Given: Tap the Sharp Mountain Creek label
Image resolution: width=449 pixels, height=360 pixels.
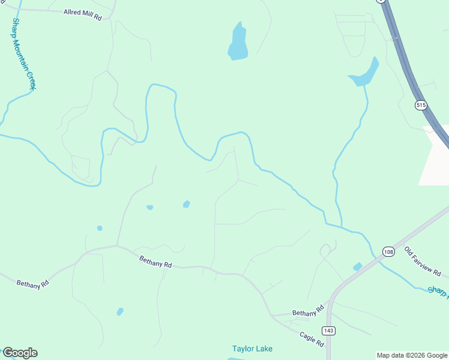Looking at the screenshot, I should (x=23, y=54).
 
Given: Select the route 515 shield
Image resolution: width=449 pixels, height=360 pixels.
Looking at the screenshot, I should (x=421, y=104).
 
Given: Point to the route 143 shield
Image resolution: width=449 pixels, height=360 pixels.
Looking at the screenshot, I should (x=328, y=331).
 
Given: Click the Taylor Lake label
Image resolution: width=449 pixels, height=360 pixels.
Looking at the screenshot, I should (x=253, y=349).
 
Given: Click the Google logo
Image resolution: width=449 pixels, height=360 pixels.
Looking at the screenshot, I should (x=20, y=353).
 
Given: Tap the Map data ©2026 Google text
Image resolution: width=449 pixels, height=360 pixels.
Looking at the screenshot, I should (x=412, y=355).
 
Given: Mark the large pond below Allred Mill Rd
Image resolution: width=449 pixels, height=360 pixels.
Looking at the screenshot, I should (x=238, y=43).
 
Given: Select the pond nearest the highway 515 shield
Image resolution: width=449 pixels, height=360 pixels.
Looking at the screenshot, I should (x=365, y=74).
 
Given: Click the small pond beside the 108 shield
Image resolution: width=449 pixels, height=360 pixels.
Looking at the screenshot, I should (x=358, y=266).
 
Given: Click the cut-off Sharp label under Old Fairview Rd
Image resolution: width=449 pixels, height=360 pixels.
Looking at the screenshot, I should (x=438, y=291).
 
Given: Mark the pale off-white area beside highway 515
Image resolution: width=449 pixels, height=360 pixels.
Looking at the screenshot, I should (x=435, y=159).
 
